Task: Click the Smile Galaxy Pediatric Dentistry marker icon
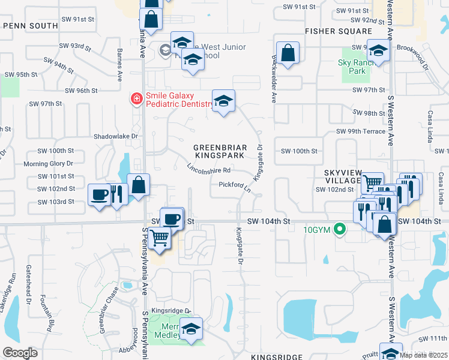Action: [x=137, y=98]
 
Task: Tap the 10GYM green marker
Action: [x=340, y=229]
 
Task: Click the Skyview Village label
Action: [x=342, y=177]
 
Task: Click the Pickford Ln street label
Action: [x=234, y=187]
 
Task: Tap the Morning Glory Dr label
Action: [x=48, y=163]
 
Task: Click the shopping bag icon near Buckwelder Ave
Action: [x=288, y=52]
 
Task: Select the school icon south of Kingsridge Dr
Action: [x=191, y=329]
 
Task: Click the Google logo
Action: [x=20, y=353]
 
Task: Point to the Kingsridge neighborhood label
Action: [x=277, y=356]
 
